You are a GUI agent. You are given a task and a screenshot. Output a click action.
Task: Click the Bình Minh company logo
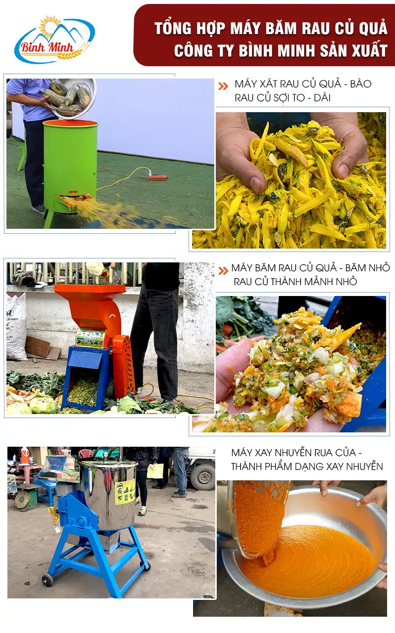tap(55, 39)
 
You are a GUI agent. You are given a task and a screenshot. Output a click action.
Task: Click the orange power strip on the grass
tap(157, 177)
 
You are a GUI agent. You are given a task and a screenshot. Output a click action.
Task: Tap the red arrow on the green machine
tap(73, 192)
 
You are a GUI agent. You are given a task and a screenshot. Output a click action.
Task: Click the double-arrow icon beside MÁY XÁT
tap(223, 86)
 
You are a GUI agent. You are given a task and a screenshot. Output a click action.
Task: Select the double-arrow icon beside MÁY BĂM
tap(223, 270)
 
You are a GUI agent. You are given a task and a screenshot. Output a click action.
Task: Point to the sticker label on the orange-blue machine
tap(90, 338)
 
